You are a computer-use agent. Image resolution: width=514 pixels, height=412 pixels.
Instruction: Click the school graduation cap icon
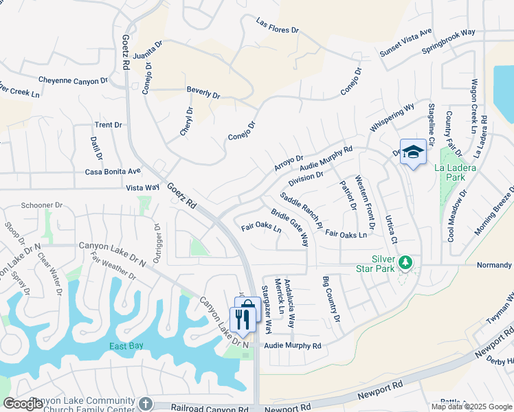(412, 152)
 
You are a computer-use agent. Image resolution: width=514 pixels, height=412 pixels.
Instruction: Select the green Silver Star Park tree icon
(405, 262)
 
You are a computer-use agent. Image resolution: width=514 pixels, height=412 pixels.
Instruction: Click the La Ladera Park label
(451, 172)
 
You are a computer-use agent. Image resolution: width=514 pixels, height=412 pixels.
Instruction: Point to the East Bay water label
(126, 345)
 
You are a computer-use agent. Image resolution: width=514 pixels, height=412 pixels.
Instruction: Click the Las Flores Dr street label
(278, 26)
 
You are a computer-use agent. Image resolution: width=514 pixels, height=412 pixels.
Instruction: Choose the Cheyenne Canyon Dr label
(73, 80)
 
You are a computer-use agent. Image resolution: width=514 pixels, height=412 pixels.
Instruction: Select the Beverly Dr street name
(203, 93)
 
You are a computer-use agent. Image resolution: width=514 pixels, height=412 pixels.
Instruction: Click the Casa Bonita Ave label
(113, 171)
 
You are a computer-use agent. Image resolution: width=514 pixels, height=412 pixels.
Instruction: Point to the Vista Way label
(142, 187)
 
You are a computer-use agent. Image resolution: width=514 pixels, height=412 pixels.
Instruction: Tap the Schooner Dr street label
(41, 205)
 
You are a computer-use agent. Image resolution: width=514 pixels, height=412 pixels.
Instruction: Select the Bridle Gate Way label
(289, 228)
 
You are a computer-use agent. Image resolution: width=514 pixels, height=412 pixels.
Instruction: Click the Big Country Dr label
(331, 299)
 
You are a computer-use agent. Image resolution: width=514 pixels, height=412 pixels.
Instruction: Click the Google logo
(23, 404)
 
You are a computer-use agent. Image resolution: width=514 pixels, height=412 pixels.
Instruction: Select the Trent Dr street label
(108, 125)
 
